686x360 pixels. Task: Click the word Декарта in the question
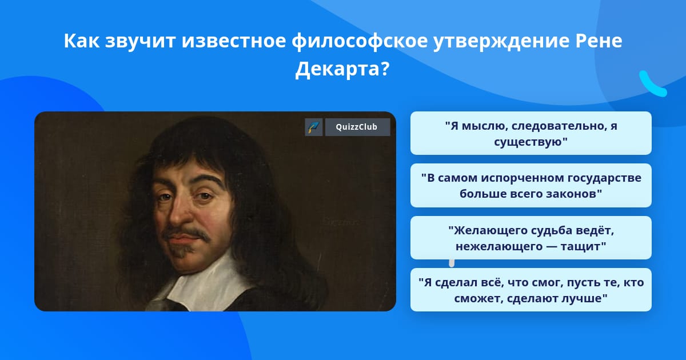coord(337,69)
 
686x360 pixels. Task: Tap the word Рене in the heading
coord(599,41)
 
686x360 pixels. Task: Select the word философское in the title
coord(360,41)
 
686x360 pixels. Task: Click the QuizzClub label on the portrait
coord(357,127)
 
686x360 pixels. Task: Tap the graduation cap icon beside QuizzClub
coord(314,127)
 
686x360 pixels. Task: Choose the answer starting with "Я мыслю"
coord(531,133)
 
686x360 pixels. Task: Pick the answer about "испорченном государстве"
coord(531,186)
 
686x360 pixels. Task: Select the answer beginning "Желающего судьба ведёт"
coord(531,238)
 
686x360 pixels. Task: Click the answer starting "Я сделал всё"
coord(531,290)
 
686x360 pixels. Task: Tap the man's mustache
coord(187,233)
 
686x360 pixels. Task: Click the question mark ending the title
coord(385,69)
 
